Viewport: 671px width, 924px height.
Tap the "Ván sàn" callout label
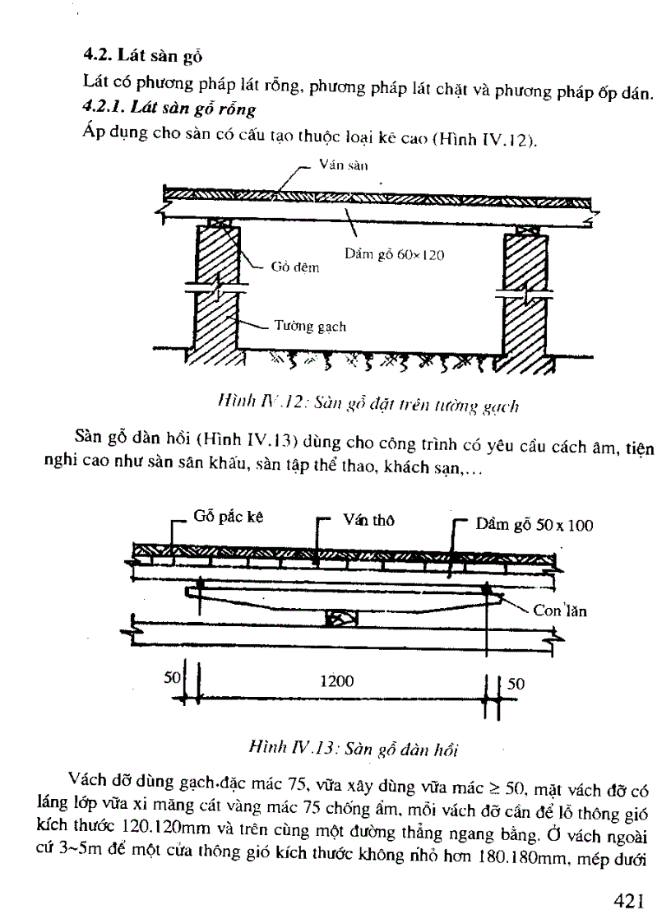(337, 165)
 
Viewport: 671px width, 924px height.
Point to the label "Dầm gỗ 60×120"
(394, 255)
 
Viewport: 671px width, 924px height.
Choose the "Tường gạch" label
(309, 327)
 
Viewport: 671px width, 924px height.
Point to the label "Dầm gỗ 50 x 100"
(534, 525)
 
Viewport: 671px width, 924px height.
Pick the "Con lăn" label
(560, 611)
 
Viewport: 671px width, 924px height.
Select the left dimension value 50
(172, 679)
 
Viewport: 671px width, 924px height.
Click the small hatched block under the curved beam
(337, 617)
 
